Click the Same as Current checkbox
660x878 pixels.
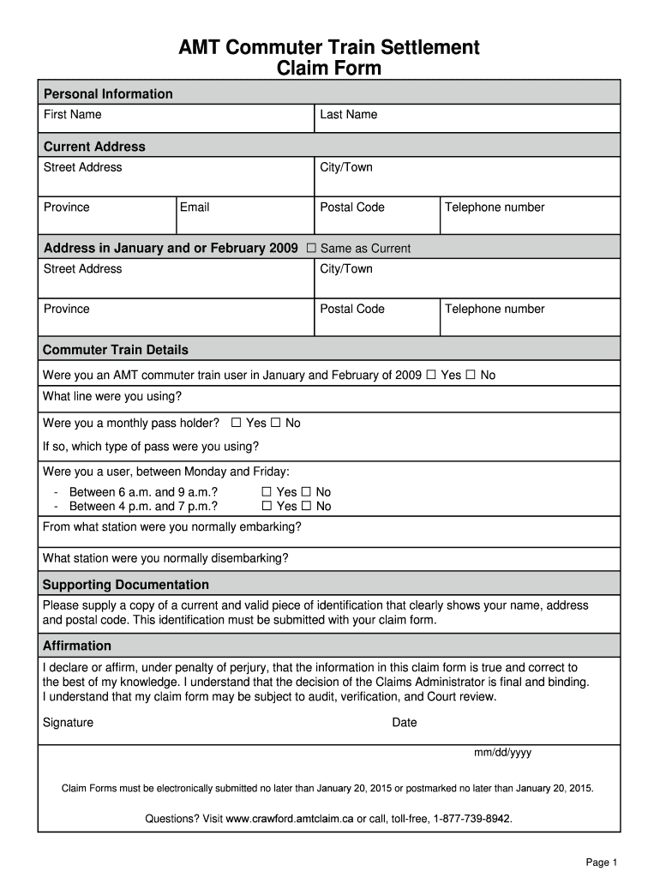click(311, 249)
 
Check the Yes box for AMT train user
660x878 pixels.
click(431, 375)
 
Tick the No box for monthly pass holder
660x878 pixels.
click(276, 423)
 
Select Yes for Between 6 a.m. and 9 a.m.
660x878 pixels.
click(267, 492)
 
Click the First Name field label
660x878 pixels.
click(73, 114)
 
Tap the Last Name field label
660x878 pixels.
click(348, 114)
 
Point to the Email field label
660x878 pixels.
click(195, 207)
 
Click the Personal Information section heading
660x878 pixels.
click(108, 93)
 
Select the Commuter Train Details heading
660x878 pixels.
click(116, 350)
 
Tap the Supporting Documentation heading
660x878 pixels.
click(126, 585)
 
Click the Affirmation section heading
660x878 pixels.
click(77, 646)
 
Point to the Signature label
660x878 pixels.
click(68, 722)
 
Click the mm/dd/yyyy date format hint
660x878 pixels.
click(503, 753)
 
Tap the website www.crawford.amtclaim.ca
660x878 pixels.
click(290, 819)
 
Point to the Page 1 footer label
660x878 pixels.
click(601, 863)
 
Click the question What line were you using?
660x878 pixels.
click(112, 396)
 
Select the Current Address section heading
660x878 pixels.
click(94, 147)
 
